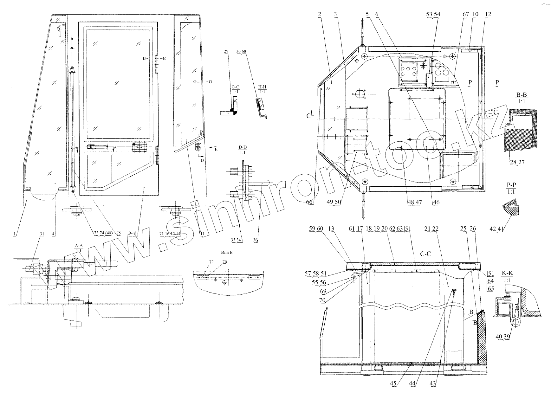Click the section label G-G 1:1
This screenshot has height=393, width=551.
pyautogui.click(x=235, y=88)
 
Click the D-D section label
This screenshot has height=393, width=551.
pyautogui.click(x=243, y=150)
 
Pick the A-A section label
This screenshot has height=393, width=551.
pyautogui.click(x=78, y=248)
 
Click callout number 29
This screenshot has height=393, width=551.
pyautogui.click(x=226, y=51)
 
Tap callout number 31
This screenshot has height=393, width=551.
pyautogui.click(x=42, y=234)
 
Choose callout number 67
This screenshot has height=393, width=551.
pyautogui.click(x=465, y=14)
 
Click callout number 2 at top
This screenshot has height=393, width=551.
pyautogui.click(x=320, y=14)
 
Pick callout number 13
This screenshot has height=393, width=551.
pyautogui.click(x=331, y=229)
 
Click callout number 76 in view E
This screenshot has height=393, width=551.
pyautogui.click(x=224, y=262)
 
